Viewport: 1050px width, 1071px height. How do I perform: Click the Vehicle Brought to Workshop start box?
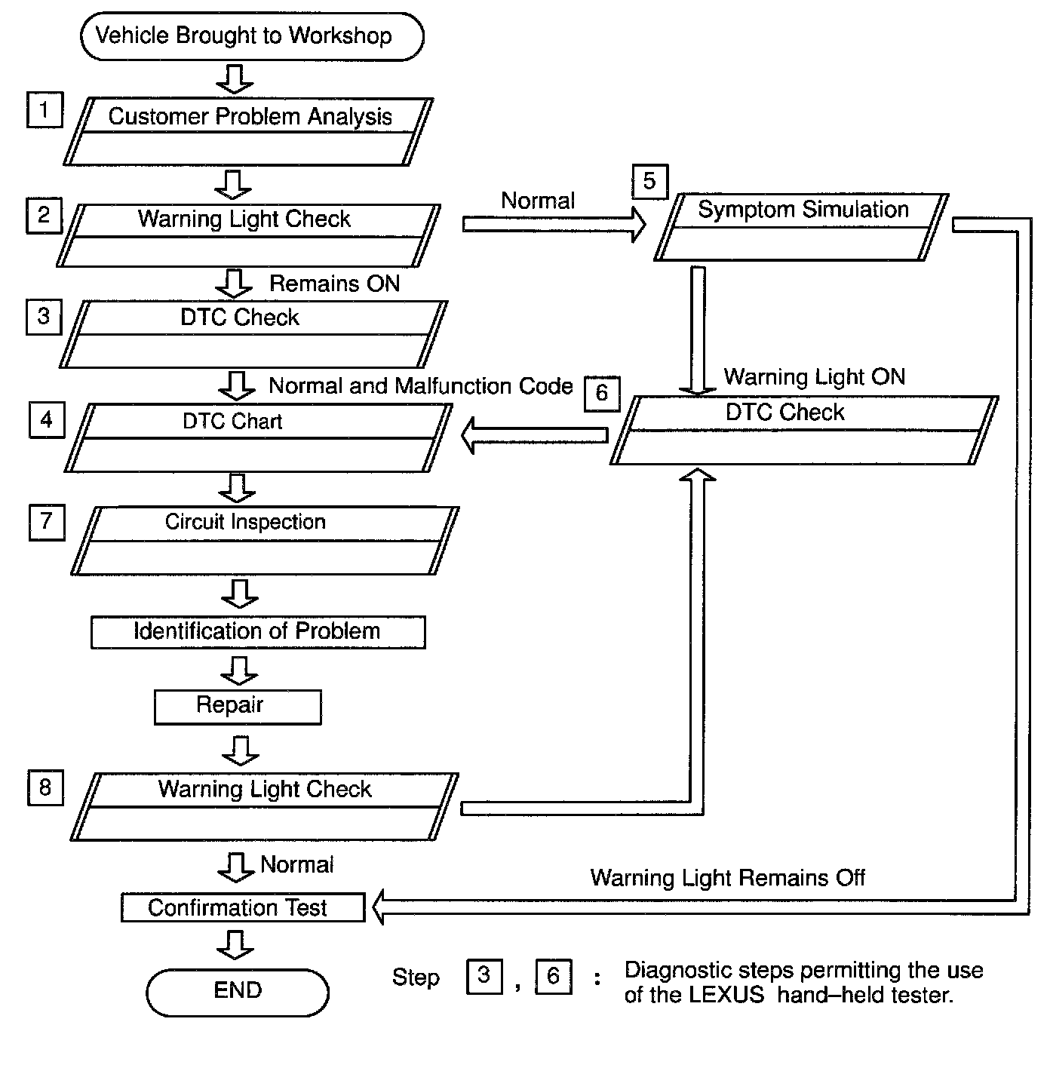click(x=251, y=36)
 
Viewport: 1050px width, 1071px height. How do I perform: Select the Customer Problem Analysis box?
click(x=249, y=131)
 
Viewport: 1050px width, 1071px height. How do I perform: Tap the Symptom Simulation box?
click(x=802, y=226)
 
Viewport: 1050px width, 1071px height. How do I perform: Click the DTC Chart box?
click(x=259, y=437)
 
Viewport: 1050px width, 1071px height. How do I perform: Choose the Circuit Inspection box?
click(x=265, y=540)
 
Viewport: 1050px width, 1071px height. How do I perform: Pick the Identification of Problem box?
click(x=258, y=632)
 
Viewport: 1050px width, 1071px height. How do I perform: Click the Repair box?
click(x=238, y=707)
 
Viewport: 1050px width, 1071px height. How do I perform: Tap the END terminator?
click(x=238, y=991)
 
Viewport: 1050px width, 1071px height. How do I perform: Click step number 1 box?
click(x=45, y=110)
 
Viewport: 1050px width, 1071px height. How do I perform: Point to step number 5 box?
click(x=649, y=182)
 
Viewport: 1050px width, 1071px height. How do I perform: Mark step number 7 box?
click(x=47, y=522)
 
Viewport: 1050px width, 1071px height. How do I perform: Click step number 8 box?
click(x=45, y=788)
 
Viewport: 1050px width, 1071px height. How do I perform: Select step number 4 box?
click(x=47, y=420)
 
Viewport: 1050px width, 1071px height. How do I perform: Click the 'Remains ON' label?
click(x=334, y=284)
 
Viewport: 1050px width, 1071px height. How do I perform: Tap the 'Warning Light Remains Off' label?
click(x=727, y=878)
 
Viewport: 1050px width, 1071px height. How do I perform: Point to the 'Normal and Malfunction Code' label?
click(x=421, y=386)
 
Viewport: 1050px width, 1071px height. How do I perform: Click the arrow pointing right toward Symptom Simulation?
click(x=554, y=225)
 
